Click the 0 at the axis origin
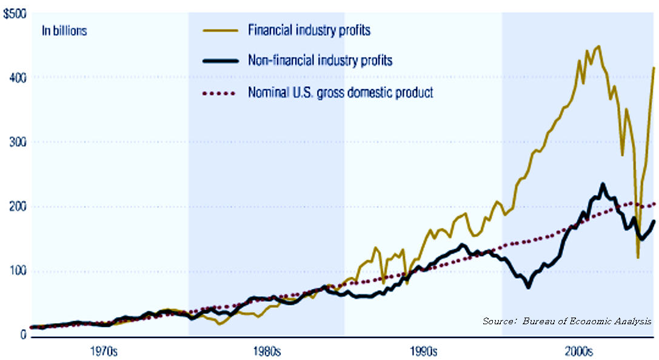(22, 335)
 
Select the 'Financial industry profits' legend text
(309, 29)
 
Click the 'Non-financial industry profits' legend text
(320, 61)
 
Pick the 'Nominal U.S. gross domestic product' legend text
(340, 93)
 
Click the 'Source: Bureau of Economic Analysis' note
(567, 321)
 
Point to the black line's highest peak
(603, 184)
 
